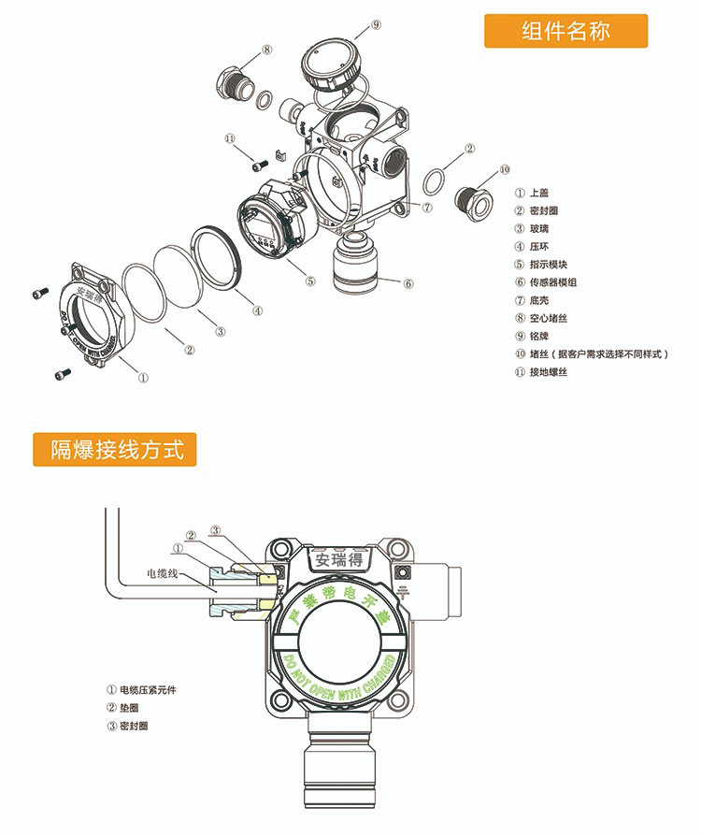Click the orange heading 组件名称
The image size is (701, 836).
565,31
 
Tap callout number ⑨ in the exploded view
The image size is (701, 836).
376,25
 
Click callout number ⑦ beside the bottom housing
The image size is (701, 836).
426,208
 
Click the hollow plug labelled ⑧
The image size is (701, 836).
234,83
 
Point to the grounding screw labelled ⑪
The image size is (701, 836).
260,164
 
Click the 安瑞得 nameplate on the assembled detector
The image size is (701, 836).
339,560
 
